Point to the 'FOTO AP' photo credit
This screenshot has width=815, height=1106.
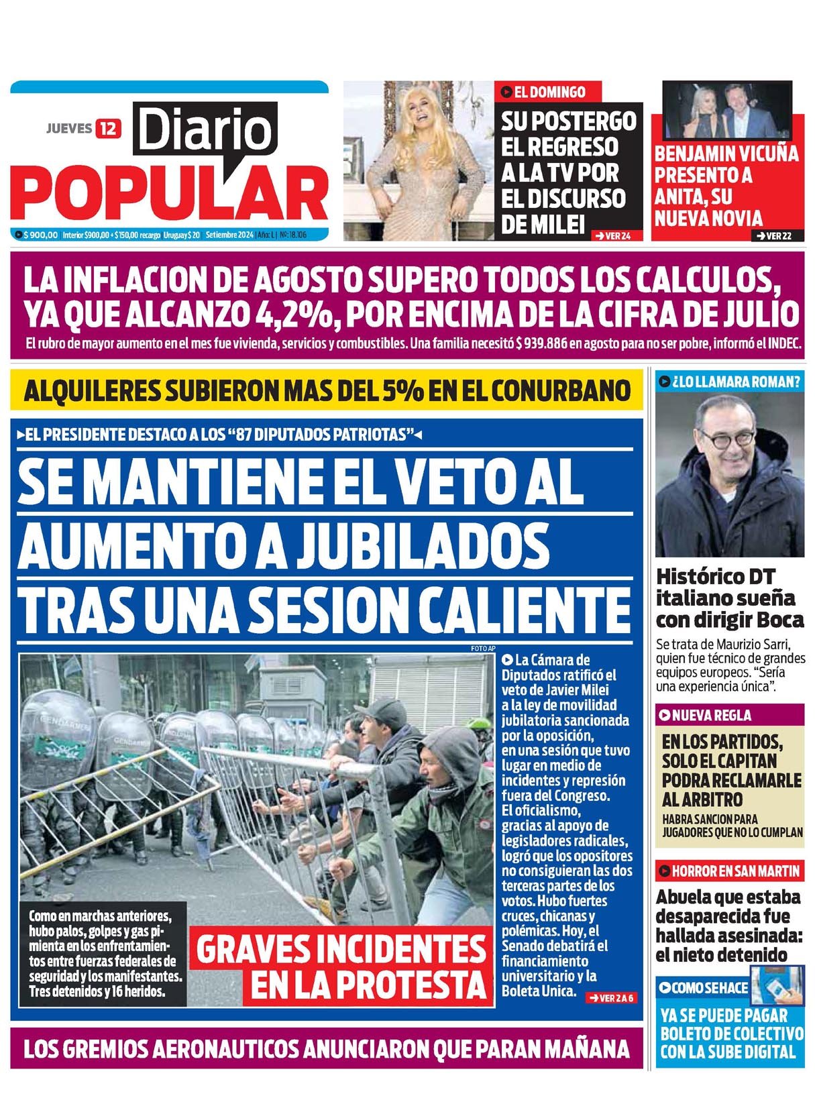coord(482,649)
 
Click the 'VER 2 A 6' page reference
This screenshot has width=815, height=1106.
coord(610,998)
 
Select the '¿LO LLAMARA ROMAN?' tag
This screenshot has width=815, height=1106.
coord(729,382)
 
